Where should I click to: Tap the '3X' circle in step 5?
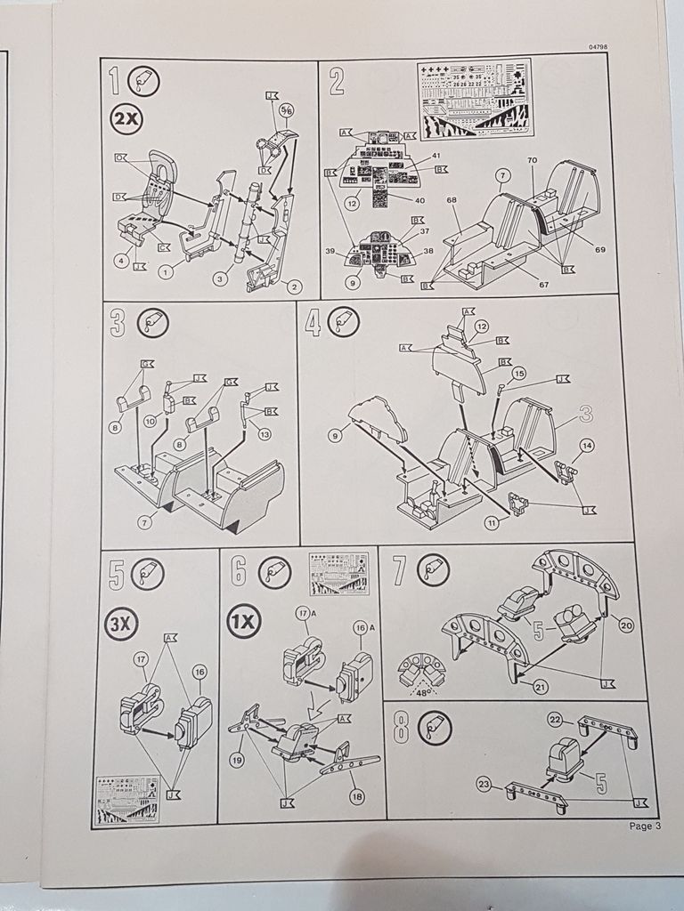pos(119,624)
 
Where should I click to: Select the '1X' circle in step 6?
pos(244,623)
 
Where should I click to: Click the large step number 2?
pos(337,81)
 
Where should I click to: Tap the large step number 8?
pos(401,729)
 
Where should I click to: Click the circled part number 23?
pos(484,784)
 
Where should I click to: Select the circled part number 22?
pos(554,719)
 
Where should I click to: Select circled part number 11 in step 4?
pos(491,523)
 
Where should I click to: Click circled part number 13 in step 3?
pos(264,433)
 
